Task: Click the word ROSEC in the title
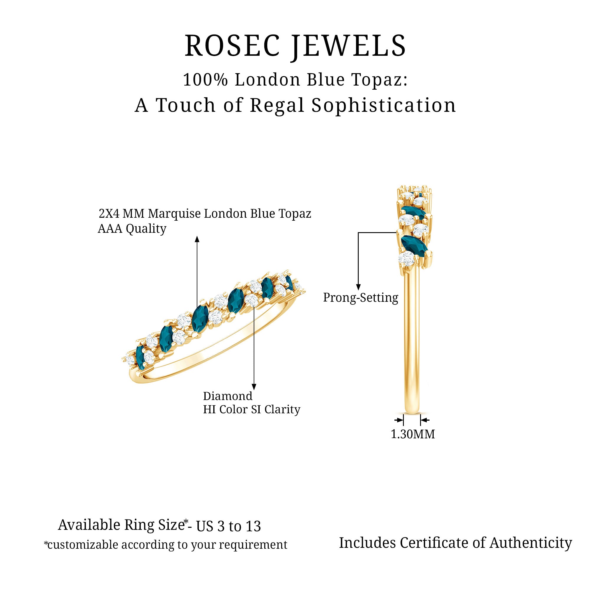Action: click(232, 46)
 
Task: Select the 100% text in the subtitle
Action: click(205, 80)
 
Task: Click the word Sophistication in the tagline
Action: click(383, 105)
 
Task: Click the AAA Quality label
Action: click(132, 228)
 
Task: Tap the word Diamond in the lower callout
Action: click(227, 396)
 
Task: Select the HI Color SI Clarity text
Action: click(252, 409)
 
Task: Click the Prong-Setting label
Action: click(361, 297)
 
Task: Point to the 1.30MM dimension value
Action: click(413, 434)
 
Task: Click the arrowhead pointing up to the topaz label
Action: click(197, 239)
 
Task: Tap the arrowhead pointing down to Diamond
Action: click(254, 387)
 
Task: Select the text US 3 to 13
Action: click(228, 526)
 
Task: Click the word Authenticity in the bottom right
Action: click(531, 543)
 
